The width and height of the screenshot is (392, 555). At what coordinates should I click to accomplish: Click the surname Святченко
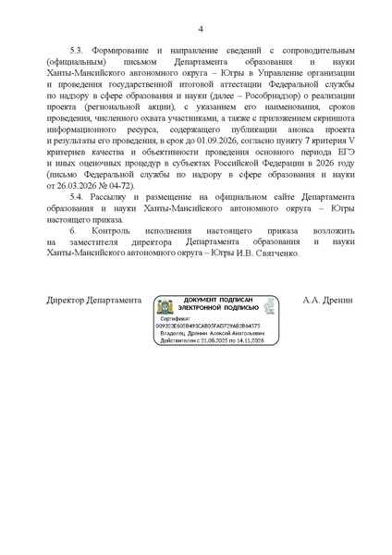click(276, 253)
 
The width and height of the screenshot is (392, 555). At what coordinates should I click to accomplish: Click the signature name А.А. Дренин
click(322, 301)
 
